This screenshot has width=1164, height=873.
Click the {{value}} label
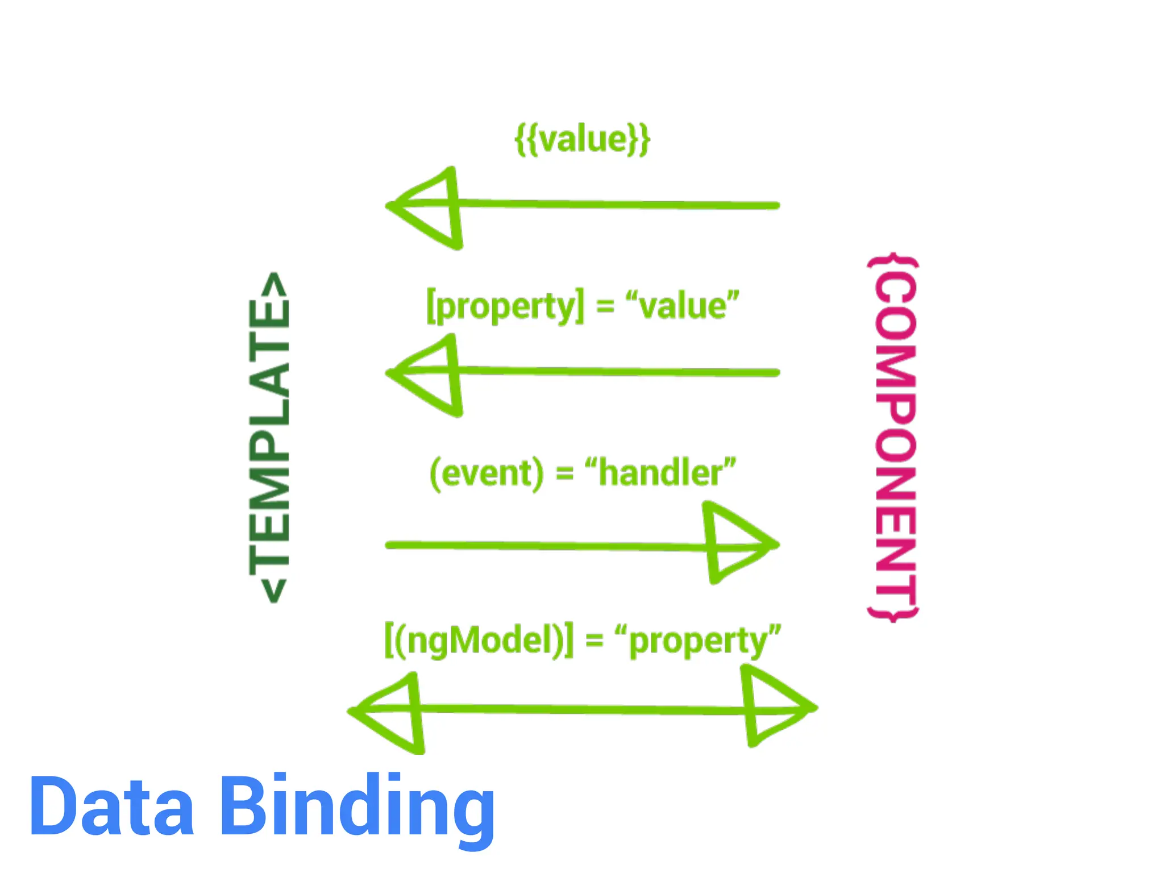(x=582, y=139)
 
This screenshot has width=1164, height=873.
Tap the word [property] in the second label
(x=505, y=306)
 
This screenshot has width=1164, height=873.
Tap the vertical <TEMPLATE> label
(x=269, y=438)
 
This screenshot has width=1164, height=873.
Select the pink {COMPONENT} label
(x=894, y=438)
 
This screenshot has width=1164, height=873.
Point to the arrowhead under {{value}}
(x=429, y=207)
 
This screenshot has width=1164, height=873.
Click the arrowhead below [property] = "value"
(x=429, y=375)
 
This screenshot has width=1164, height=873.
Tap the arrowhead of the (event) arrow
(x=736, y=543)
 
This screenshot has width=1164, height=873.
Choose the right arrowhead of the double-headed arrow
(x=776, y=708)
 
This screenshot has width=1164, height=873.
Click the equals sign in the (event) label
(x=564, y=473)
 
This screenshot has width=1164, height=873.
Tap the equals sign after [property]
(x=605, y=306)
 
